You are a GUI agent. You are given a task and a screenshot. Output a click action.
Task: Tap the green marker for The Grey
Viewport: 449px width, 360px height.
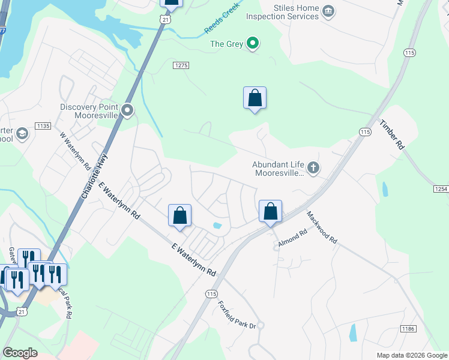point(253,43)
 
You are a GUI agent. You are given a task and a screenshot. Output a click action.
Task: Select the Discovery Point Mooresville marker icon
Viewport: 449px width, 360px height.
point(127,110)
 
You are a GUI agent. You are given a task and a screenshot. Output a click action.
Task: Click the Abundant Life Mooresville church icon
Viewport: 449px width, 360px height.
point(313,167)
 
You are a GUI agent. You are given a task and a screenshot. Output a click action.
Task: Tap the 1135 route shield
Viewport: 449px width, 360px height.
point(43,125)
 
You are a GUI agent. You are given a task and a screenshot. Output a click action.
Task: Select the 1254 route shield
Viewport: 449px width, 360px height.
point(441,189)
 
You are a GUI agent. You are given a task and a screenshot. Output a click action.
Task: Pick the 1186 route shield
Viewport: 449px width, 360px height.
point(409,329)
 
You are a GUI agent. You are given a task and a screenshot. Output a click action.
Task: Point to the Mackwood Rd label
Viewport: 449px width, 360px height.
point(322,226)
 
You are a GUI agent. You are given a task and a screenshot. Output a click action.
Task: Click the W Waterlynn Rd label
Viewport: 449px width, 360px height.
point(74,150)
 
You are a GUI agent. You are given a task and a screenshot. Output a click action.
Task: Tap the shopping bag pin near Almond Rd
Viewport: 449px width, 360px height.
point(270,212)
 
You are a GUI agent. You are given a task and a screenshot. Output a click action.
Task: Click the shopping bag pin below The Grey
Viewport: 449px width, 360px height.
point(255,98)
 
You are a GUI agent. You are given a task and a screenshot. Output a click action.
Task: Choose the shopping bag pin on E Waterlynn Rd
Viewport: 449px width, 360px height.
point(179,215)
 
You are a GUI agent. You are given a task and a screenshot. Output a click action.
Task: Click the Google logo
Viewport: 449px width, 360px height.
point(20,353)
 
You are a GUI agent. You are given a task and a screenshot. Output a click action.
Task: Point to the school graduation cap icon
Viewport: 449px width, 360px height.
point(22,133)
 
